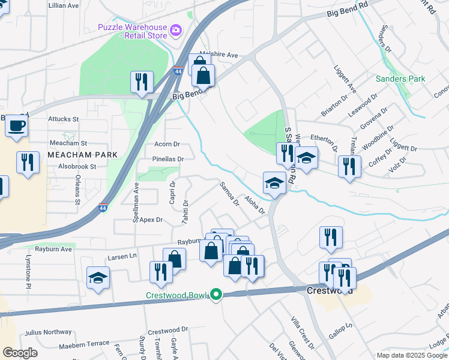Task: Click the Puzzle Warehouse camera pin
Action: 176,30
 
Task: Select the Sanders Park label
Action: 400,79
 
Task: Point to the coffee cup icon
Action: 16,126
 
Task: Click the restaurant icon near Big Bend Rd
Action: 142,82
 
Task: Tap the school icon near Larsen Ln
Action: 98,278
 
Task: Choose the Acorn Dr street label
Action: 167,144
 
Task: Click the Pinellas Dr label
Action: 167,159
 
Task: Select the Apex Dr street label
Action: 151,220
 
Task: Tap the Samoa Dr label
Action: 229,194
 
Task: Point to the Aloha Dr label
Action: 254,204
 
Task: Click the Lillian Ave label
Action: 64,5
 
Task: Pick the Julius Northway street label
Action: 48,332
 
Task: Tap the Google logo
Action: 20,352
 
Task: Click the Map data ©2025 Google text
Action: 412,355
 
